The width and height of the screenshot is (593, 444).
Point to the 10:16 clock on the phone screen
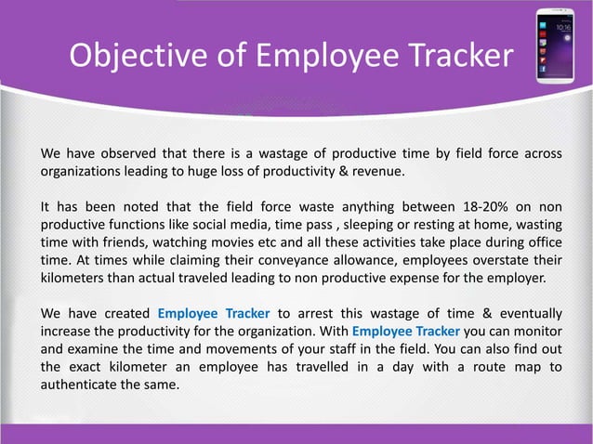563,28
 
